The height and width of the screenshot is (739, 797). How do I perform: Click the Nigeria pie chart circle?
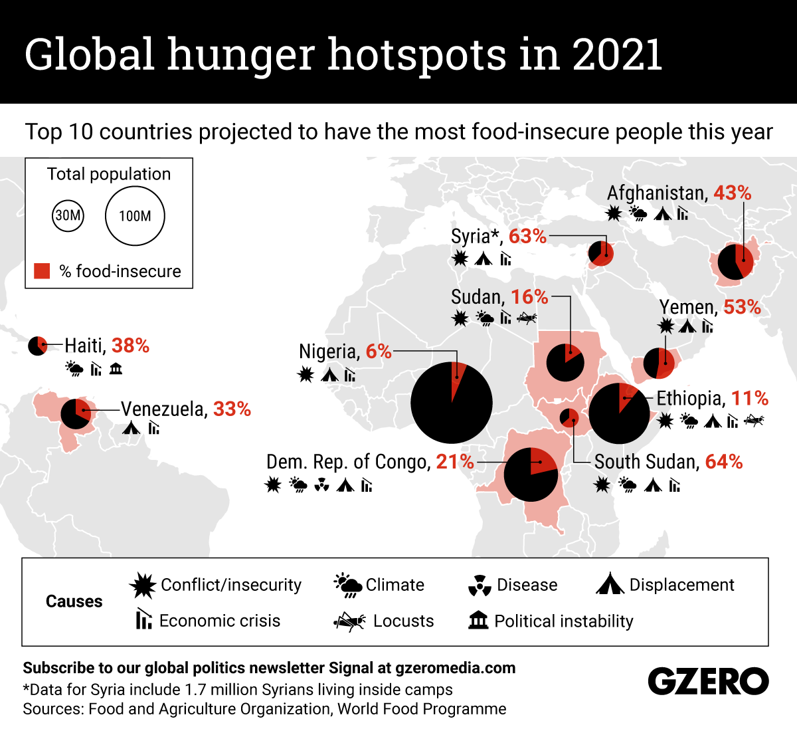click(452, 403)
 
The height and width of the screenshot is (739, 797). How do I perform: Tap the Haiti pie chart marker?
click(38, 346)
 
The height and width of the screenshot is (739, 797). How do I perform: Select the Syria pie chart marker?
click(601, 253)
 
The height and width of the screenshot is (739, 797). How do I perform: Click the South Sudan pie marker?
click(569, 417)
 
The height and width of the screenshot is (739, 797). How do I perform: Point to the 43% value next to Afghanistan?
click(732, 193)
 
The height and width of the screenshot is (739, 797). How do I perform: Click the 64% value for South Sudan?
click(724, 462)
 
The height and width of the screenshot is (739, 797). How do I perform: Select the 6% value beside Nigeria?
click(379, 352)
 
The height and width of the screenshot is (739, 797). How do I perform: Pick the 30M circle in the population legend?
click(68, 215)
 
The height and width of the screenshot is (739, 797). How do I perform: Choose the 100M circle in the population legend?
click(135, 216)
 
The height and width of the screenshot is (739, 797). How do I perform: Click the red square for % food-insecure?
click(42, 271)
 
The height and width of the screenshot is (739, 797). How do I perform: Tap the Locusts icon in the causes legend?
click(349, 621)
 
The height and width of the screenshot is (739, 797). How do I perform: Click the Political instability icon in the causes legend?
click(478, 621)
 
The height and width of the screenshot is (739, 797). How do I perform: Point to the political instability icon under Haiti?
click(116, 368)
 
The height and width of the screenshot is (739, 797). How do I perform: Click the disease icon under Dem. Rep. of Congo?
click(321, 485)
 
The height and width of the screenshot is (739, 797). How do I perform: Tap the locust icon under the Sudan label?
click(527, 318)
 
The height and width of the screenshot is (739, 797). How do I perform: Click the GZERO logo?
click(708, 682)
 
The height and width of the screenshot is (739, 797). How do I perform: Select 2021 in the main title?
click(617, 54)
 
